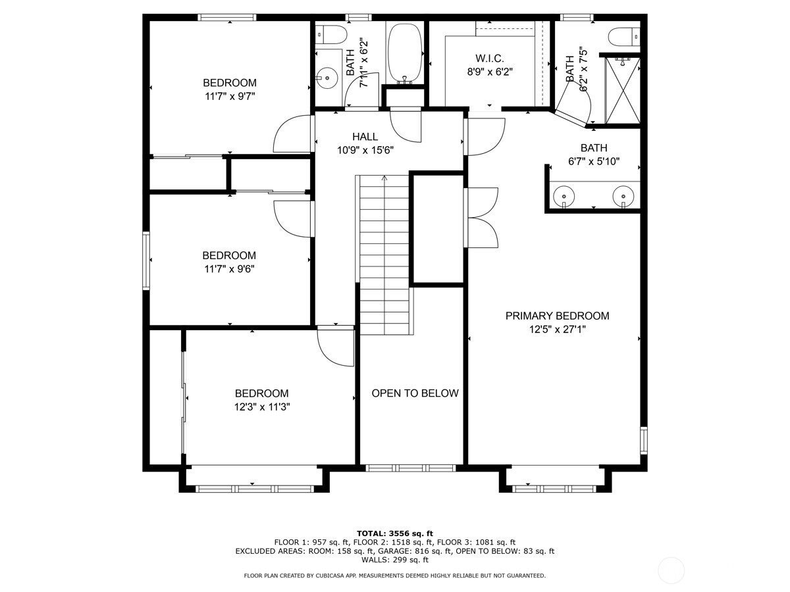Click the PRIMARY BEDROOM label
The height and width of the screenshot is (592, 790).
click(x=557, y=316)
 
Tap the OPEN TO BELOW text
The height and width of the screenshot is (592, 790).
click(x=415, y=393)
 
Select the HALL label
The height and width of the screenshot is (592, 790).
click(x=365, y=137)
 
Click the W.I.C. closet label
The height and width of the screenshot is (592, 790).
click(x=489, y=59)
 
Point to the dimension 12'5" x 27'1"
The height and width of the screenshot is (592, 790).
click(x=557, y=330)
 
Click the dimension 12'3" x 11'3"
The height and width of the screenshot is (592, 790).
click(x=262, y=407)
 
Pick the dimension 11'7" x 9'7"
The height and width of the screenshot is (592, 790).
click(x=229, y=96)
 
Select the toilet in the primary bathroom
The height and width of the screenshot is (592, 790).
click(x=622, y=36)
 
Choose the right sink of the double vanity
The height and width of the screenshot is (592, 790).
click(x=623, y=195)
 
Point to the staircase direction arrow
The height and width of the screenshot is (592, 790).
click(x=384, y=180)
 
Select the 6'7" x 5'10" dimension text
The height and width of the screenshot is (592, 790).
click(x=594, y=161)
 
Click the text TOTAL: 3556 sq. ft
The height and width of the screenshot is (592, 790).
click(x=394, y=533)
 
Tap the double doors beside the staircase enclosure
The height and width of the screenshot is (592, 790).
click(x=481, y=216)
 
